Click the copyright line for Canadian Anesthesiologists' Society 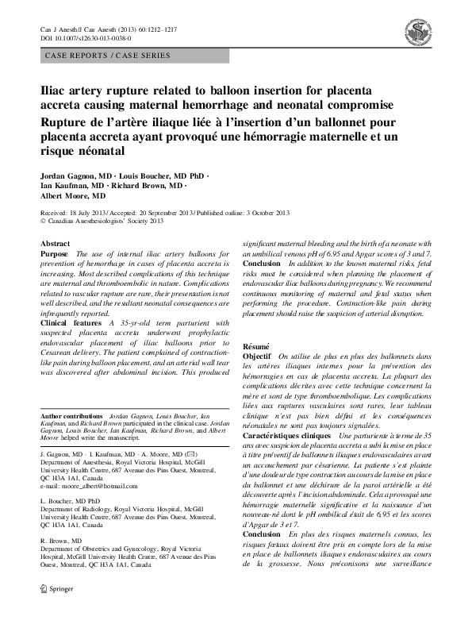pyautogui.click(x=101, y=222)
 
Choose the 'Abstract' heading pyautogui.click(x=55, y=244)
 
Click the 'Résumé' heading pyautogui.click(x=255, y=347)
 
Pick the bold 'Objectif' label pyautogui.click(x=258, y=358)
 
